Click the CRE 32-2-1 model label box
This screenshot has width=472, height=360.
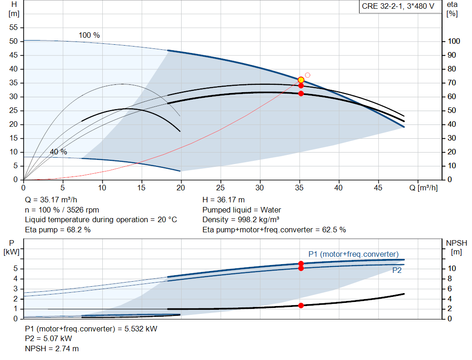click(x=400, y=6)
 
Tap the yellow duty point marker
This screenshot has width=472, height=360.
click(x=301, y=80)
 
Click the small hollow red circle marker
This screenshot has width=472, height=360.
click(x=307, y=75)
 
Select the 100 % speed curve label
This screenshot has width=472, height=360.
click(x=89, y=35)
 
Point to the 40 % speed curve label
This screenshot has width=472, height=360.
click(x=59, y=152)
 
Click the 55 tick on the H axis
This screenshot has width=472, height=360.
click(x=13, y=27)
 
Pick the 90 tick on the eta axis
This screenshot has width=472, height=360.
click(x=452, y=55)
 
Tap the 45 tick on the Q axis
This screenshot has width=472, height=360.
click(x=378, y=188)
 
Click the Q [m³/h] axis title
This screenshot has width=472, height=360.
click(x=423, y=188)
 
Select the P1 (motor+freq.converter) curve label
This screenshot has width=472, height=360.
click(x=354, y=254)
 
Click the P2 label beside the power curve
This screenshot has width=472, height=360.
click(x=397, y=270)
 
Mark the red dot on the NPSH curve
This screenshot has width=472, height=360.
click(x=301, y=306)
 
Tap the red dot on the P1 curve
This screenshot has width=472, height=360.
click(x=301, y=263)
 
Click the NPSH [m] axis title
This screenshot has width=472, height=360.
click(x=456, y=248)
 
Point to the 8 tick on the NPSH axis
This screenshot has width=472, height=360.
click(x=449, y=279)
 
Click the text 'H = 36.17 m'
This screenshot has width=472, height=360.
click(x=224, y=200)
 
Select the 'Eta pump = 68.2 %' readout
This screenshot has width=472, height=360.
click(x=58, y=230)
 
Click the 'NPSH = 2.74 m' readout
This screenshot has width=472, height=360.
click(x=52, y=348)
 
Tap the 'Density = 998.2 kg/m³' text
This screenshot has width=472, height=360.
click(x=241, y=219)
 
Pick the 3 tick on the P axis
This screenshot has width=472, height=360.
click(x=16, y=289)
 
